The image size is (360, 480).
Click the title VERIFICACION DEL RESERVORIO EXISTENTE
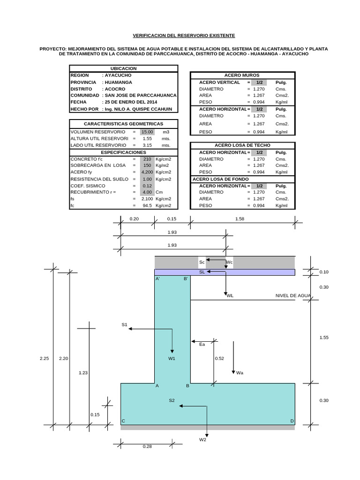(184, 36)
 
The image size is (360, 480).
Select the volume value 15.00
(147, 132)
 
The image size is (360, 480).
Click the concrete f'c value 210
(147, 159)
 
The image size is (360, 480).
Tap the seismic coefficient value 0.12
(147, 186)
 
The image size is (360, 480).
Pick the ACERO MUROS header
(242, 75)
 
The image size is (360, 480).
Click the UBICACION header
(123, 68)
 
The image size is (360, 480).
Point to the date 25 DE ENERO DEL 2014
(131, 102)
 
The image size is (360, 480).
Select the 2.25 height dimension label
(45, 359)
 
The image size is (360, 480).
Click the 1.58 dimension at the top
(240, 219)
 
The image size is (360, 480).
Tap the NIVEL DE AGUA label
(293, 296)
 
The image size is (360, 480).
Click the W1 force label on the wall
(172, 359)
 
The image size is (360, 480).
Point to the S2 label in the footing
(172, 400)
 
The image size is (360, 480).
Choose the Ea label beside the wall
(202, 345)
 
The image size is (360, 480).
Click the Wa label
(240, 373)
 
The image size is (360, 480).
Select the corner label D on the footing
(292, 421)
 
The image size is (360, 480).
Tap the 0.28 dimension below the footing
(147, 447)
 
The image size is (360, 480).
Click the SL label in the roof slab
(202, 272)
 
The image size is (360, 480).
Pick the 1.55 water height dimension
(324, 337)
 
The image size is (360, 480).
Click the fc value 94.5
(147, 206)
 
